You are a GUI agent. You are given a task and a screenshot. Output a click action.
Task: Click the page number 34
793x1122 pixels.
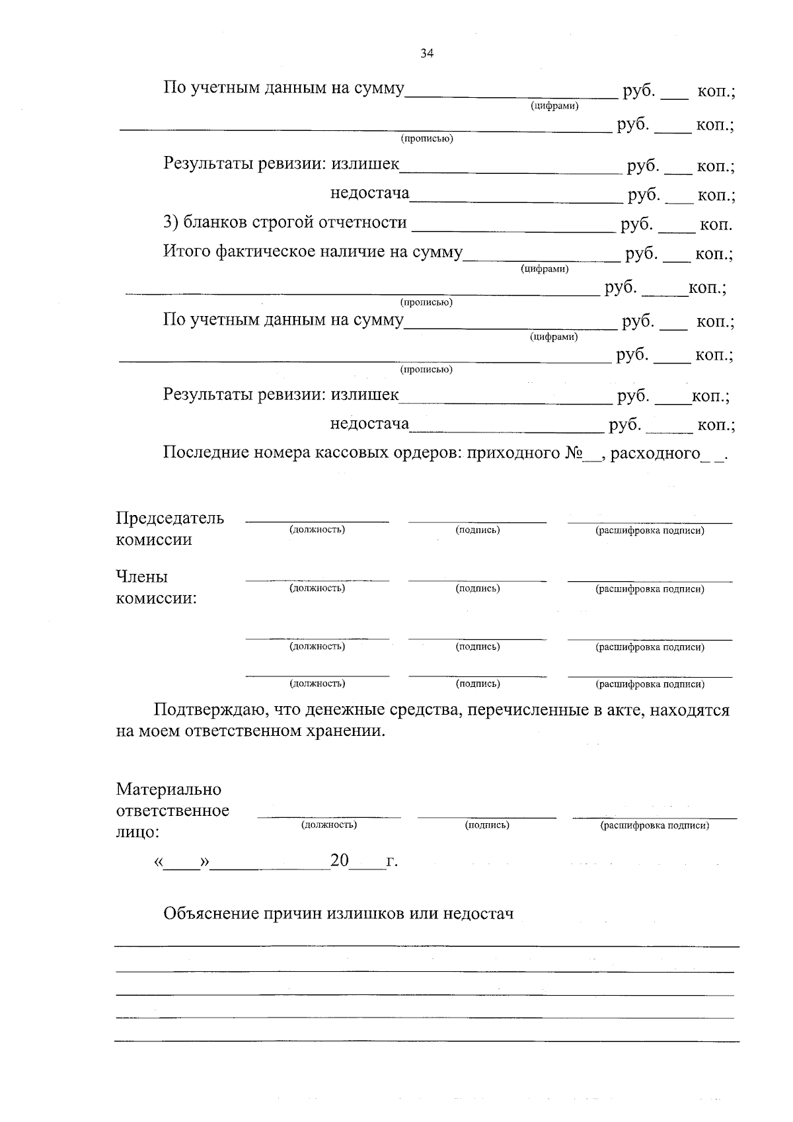coord(426,54)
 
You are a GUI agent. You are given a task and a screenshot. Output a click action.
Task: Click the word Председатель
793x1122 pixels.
coord(170,518)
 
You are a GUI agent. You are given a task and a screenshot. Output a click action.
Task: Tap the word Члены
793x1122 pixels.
coord(141,577)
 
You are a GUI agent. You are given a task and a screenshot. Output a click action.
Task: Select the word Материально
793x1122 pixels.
coord(169,789)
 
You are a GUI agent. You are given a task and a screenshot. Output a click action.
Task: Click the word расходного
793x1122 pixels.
coord(655,454)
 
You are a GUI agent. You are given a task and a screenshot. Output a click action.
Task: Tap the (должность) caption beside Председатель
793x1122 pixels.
coord(317,530)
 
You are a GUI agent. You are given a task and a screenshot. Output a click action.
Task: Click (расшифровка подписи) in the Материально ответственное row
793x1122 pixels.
coord(654,825)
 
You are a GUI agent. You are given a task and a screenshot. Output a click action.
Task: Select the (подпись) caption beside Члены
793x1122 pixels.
coord(477,588)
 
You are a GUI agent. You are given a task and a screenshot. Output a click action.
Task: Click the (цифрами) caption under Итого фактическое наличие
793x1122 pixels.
coord(545,269)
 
